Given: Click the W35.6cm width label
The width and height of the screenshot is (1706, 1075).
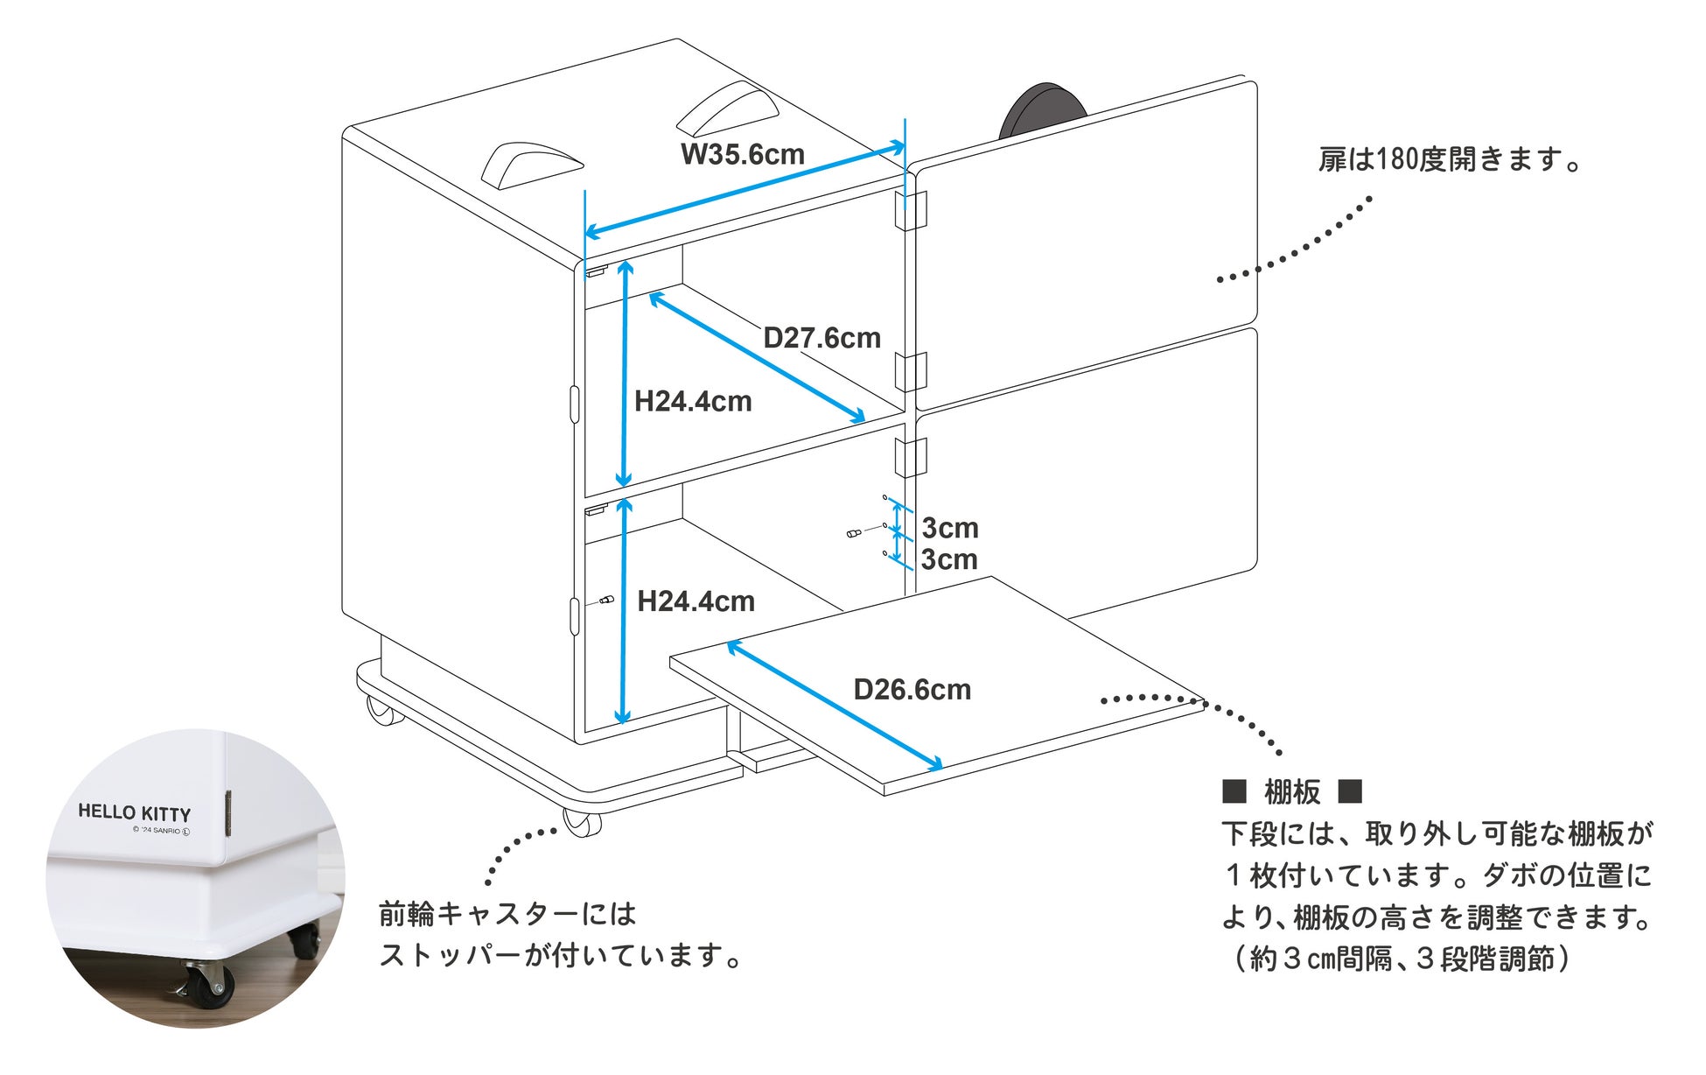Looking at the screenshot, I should [742, 154].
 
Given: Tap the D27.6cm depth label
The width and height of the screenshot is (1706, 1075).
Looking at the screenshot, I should [822, 338].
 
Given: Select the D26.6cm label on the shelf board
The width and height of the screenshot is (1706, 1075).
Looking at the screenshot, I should [912, 690].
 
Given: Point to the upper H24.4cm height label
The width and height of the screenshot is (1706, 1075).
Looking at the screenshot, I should [693, 402].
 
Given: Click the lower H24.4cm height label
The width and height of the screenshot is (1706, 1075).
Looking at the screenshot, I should [696, 601].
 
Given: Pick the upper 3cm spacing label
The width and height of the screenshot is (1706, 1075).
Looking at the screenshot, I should [950, 528].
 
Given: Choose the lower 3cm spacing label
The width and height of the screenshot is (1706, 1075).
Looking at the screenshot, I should [949, 559].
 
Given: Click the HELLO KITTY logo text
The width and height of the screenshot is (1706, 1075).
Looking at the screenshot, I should [134, 812].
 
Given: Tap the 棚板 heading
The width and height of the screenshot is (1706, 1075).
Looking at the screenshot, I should [1292, 792].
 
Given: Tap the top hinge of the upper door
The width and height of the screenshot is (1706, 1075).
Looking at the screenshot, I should [910, 211].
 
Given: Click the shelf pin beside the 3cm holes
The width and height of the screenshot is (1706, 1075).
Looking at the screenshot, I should [854, 533].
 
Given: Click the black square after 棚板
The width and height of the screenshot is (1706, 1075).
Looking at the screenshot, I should [1350, 792].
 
